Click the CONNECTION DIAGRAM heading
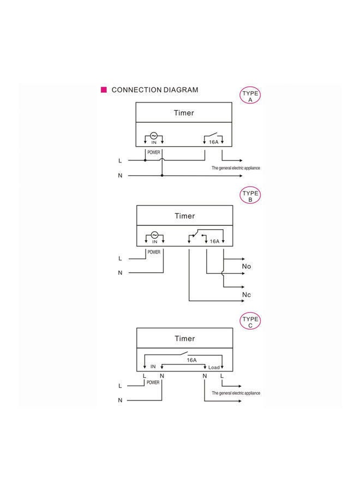point(154,90)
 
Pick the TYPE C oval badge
point(250,322)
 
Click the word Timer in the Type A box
point(184,113)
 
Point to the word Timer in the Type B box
point(184,216)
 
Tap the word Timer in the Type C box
point(184,339)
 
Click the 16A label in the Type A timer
point(213,142)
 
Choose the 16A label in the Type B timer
point(214,241)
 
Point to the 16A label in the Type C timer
point(191,360)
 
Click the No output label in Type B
point(247,266)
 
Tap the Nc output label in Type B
point(247,295)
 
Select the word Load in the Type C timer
point(214,367)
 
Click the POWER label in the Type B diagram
point(154,252)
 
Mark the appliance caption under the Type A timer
point(236,168)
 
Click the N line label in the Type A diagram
point(120,176)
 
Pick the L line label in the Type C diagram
point(120,386)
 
